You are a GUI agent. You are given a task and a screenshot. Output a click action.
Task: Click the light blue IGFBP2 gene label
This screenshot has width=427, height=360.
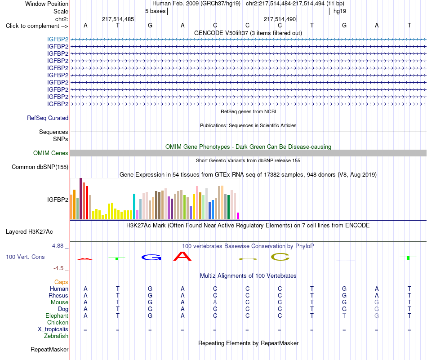58,39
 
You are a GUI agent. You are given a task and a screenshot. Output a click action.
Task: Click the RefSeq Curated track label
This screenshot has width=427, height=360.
48,118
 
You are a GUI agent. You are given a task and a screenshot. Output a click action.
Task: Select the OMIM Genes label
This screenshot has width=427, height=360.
51,153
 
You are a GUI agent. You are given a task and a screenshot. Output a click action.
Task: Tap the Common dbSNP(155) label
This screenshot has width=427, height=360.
40,167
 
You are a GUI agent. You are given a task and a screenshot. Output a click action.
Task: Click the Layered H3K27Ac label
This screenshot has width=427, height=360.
29,232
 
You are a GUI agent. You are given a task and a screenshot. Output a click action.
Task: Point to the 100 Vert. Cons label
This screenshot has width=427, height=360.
25,257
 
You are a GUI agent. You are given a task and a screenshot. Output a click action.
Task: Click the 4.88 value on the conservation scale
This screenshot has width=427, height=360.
58,246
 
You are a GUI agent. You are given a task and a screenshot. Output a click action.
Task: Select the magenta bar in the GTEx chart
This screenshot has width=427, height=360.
238,216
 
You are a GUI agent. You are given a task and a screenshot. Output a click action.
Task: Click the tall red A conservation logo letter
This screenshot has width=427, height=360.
182,256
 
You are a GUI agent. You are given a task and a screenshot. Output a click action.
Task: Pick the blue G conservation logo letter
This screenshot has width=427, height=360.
151,257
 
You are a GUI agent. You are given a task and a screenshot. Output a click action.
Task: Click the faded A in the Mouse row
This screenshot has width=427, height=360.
215,302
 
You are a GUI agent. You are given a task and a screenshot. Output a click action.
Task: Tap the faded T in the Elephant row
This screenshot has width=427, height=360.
344,316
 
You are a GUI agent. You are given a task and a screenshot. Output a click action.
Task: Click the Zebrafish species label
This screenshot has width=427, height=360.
56,336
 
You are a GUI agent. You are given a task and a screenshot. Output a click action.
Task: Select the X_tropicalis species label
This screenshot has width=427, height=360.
53,329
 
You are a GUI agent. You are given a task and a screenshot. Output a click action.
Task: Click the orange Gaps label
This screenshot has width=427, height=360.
61,282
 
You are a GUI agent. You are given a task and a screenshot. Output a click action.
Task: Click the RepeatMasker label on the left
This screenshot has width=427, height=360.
49,349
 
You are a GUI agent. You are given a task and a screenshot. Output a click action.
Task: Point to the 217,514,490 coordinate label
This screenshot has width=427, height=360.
280,19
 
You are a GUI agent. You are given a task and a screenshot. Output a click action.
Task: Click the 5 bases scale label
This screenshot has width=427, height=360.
155,11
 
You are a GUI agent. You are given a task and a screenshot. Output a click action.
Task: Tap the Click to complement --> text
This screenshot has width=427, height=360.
37,26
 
